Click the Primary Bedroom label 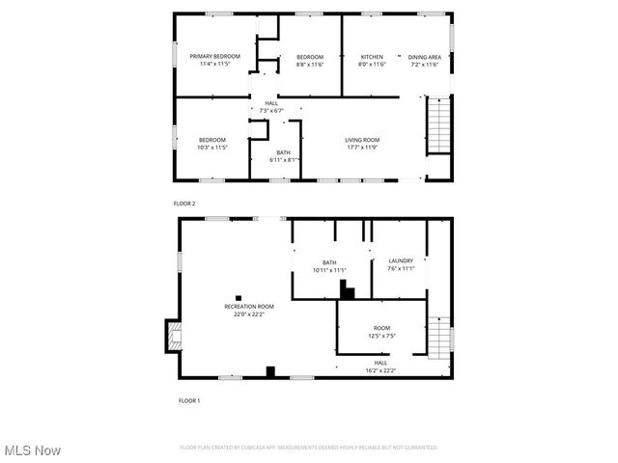click(x=214, y=57)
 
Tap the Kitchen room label click(x=372, y=57)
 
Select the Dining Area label click(x=424, y=57)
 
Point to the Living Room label click(x=363, y=141)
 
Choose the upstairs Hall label click(x=271, y=103)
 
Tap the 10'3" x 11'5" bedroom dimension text click(x=212, y=148)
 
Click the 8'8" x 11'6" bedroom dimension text click(x=309, y=65)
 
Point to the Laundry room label click(x=401, y=261)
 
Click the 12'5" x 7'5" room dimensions click(x=382, y=336)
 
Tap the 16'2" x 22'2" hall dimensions click(x=380, y=370)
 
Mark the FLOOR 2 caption click(x=184, y=204)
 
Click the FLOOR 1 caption click(x=189, y=399)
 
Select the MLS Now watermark click(x=32, y=450)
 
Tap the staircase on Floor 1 click(x=439, y=339)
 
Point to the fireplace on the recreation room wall click(x=173, y=336)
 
